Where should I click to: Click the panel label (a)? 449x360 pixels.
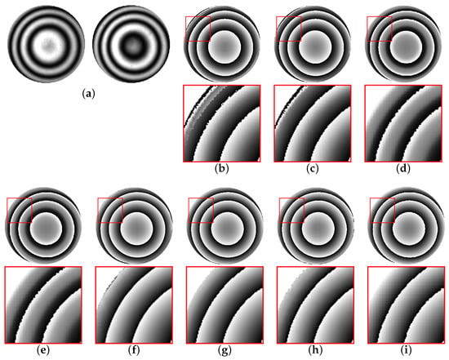(x=88, y=93)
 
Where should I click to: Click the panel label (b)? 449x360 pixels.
(x=222, y=169)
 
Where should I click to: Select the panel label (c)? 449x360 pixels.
(x=313, y=169)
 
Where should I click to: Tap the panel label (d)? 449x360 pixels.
(x=403, y=169)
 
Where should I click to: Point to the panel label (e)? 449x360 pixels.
(x=43, y=350)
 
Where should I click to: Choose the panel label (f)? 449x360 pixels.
(x=134, y=350)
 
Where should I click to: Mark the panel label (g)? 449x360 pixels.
(x=224, y=350)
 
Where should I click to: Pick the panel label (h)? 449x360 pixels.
(x=316, y=350)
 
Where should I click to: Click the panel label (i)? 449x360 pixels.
(x=407, y=350)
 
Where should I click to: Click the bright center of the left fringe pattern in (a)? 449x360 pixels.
(x=47, y=44)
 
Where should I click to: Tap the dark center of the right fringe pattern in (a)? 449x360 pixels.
(x=132, y=44)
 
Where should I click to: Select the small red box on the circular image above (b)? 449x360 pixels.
(x=198, y=29)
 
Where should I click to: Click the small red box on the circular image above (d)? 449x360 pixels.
(x=380, y=29)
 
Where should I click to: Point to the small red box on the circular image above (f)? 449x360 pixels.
(x=110, y=211)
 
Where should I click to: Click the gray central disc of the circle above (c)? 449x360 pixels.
(x=315, y=47)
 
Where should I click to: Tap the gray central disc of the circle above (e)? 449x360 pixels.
(x=46, y=229)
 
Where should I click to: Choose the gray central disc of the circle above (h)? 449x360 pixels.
(x=318, y=229)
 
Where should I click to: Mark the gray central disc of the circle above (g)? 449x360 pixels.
(x=228, y=229)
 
